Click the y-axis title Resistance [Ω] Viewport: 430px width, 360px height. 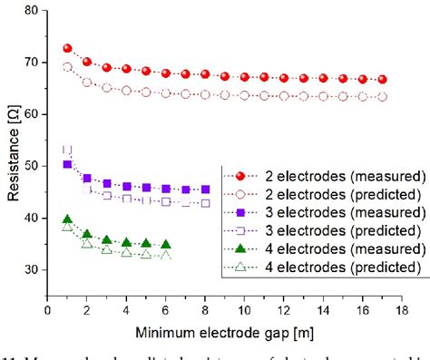(12, 154)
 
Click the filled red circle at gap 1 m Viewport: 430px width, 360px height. (67, 49)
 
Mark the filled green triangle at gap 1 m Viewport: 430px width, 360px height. (67, 219)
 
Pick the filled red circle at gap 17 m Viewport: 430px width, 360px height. (382, 80)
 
